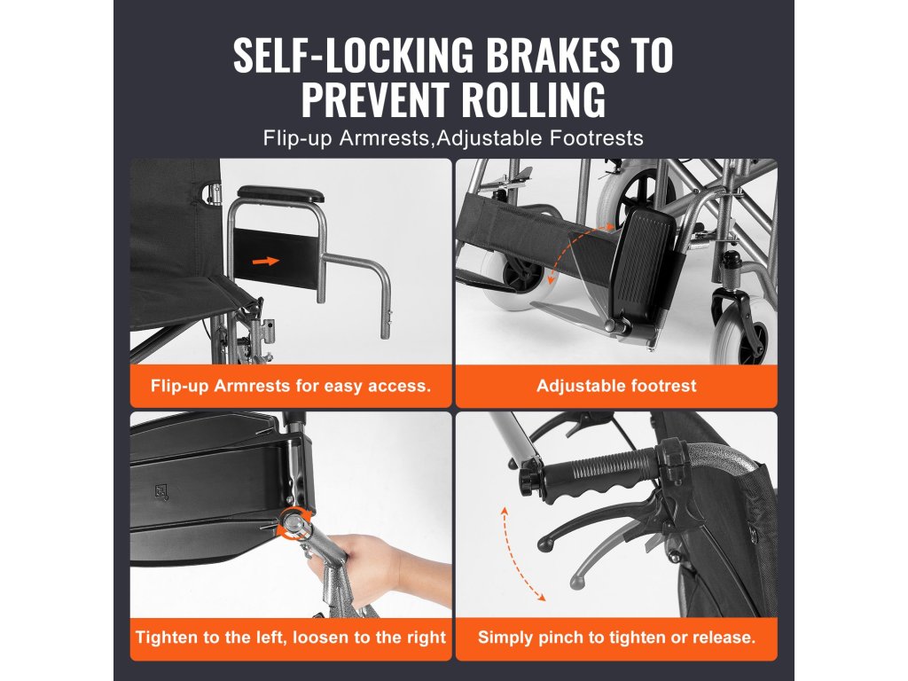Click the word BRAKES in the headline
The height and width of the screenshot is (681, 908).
click(x=552, y=55)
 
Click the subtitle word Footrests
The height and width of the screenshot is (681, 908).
click(x=597, y=139)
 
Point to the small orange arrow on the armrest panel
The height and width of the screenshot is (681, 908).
click(x=266, y=262)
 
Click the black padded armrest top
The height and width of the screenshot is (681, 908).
click(x=281, y=193)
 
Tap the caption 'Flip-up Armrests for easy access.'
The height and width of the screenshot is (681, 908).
click(x=291, y=386)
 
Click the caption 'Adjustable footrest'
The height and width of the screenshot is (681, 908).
click(x=616, y=386)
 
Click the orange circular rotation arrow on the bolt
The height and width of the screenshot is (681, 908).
click(x=295, y=523)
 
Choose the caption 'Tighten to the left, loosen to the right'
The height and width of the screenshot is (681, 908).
click(x=291, y=638)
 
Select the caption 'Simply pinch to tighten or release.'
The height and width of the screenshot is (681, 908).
click(x=616, y=638)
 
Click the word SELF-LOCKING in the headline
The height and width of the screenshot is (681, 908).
click(x=353, y=55)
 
